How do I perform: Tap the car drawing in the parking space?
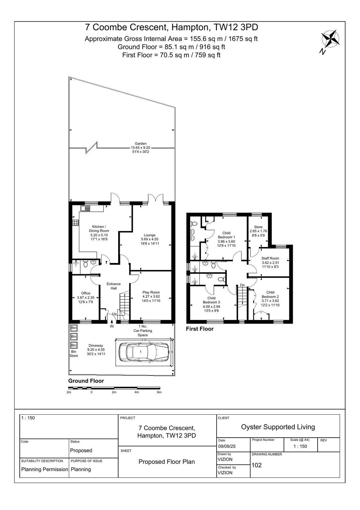pos(144,352)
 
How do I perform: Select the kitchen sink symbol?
pos(85,208)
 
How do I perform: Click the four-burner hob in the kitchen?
pos(76,222)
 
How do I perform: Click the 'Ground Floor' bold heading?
pos(86,381)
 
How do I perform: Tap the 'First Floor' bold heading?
pos(200,329)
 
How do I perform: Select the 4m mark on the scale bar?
pos(137,392)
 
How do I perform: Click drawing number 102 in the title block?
pos(257,465)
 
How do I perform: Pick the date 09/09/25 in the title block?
pos(227,446)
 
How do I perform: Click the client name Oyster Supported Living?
pos(278,427)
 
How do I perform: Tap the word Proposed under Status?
pos(81,450)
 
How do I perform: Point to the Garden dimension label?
pos(140,148)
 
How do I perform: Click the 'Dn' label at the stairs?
pos(242,285)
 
